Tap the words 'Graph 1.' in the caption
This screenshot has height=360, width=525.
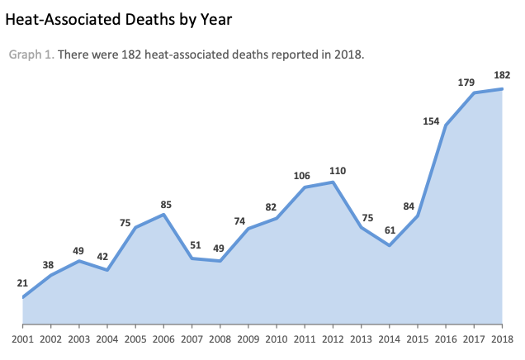coord(31,55)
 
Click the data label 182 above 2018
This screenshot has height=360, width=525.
coord(503,75)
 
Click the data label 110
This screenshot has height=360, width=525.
coord(337,170)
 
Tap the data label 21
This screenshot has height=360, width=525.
coord(22,283)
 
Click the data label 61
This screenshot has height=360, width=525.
coord(390,230)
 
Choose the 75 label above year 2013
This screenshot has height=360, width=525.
coord(367,218)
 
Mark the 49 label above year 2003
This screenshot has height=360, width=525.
coord(79,250)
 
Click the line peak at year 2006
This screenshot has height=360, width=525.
coord(164,215)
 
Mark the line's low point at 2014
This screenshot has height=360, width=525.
coord(390,245)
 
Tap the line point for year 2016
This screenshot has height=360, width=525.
coord(446,126)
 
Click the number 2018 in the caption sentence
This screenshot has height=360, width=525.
coord(348,55)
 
